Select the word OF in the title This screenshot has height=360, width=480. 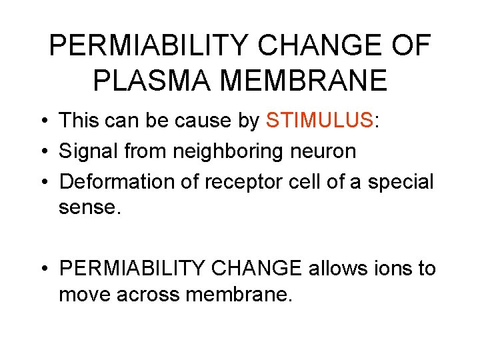click(x=410, y=46)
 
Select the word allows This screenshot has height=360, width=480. click(x=338, y=269)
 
